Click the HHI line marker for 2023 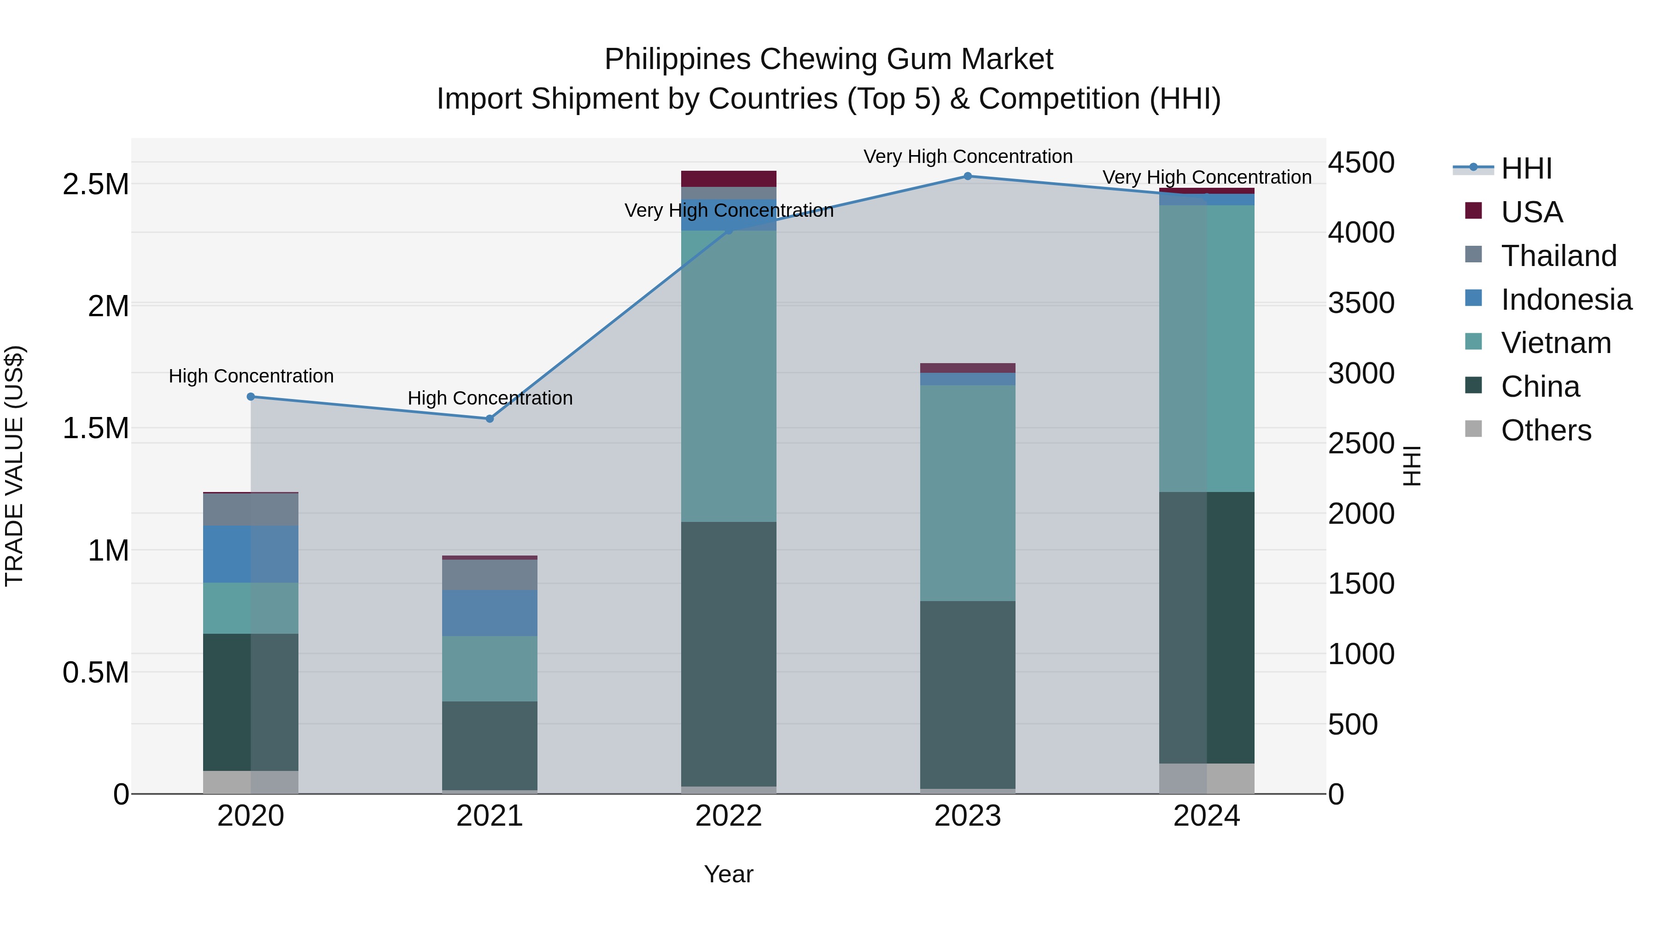(x=967, y=176)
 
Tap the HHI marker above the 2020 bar (x=251, y=397)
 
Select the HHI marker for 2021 (x=490, y=419)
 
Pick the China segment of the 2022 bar (x=729, y=654)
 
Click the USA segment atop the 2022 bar (x=729, y=179)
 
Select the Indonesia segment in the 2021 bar (x=490, y=613)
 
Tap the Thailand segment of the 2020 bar (x=251, y=509)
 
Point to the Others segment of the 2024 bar (x=1207, y=778)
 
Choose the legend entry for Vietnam (x=1556, y=343)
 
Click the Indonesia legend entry (x=1565, y=300)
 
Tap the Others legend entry (x=1545, y=430)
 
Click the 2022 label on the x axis (x=729, y=816)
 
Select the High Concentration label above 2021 (x=490, y=398)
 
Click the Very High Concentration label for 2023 (x=967, y=156)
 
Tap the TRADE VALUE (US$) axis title (x=14, y=466)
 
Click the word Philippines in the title (x=677, y=59)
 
